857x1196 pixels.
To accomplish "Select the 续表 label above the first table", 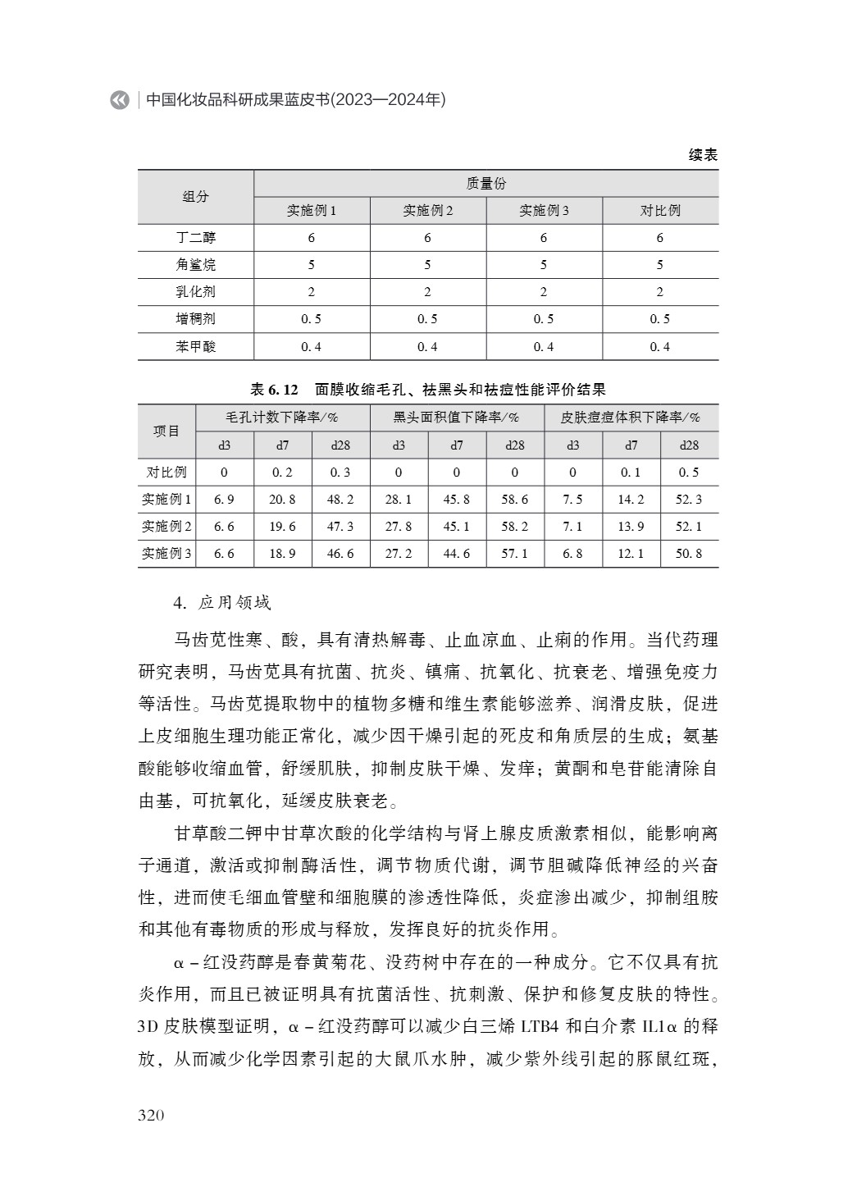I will coord(703,155).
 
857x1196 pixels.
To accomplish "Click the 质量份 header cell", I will coord(485,184).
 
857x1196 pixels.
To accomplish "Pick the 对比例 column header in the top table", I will coord(660,211).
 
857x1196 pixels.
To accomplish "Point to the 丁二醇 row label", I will coord(196,238).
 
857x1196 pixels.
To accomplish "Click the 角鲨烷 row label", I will coord(196,265).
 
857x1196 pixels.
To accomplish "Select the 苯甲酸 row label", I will coord(196,346).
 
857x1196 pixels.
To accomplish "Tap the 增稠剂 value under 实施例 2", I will coord(427,319).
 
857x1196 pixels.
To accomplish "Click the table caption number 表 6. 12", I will coord(275,389).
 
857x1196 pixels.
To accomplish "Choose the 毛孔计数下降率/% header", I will coord(282,418).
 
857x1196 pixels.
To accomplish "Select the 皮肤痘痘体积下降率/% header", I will coord(631,418).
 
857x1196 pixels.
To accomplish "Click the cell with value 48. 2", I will coord(340,500).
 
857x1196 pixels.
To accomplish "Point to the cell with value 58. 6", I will coord(515,500).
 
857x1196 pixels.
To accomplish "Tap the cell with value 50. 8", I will coord(689,554).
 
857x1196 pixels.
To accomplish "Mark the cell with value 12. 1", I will coord(631,554).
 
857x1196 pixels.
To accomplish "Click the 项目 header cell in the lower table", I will coord(166,431).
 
